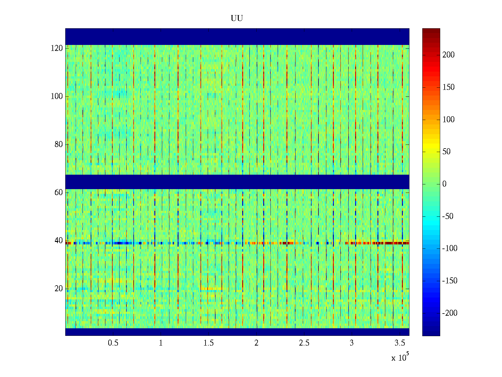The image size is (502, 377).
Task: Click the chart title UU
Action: click(x=237, y=19)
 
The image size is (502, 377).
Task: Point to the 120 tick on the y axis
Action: click(x=57, y=48)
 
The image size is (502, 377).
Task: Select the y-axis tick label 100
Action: click(x=57, y=96)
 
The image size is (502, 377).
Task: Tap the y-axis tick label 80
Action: click(x=59, y=145)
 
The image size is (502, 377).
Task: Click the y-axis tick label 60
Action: click(x=59, y=192)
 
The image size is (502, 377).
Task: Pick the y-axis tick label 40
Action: click(x=59, y=241)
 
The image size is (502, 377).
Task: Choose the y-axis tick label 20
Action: click(x=59, y=289)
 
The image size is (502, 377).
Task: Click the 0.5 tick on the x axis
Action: click(x=113, y=343)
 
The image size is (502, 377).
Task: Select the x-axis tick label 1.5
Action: click(x=209, y=343)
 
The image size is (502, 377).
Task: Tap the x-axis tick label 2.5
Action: click(x=304, y=343)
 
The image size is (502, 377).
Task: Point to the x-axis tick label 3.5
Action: click(x=400, y=343)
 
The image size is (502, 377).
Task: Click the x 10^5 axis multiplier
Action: click(x=400, y=357)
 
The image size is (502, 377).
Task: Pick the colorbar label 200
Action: click(x=448, y=55)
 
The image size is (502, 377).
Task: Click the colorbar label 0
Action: click(x=444, y=184)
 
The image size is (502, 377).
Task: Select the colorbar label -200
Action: click(x=450, y=313)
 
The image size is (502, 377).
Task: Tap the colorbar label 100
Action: click(x=448, y=119)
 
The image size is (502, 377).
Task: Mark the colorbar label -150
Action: click(x=450, y=281)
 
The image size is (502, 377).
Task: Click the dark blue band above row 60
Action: click(x=237, y=182)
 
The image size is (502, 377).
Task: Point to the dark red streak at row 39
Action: click(x=392, y=243)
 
